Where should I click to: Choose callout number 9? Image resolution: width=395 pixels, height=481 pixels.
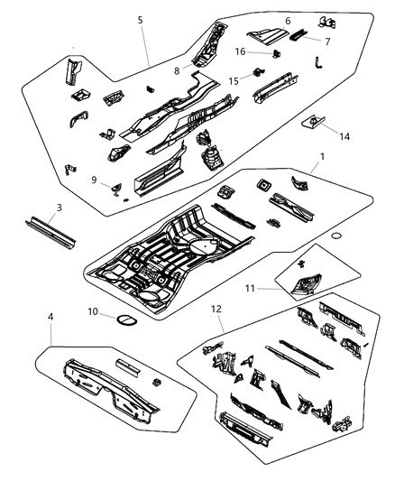tap(94, 179)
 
